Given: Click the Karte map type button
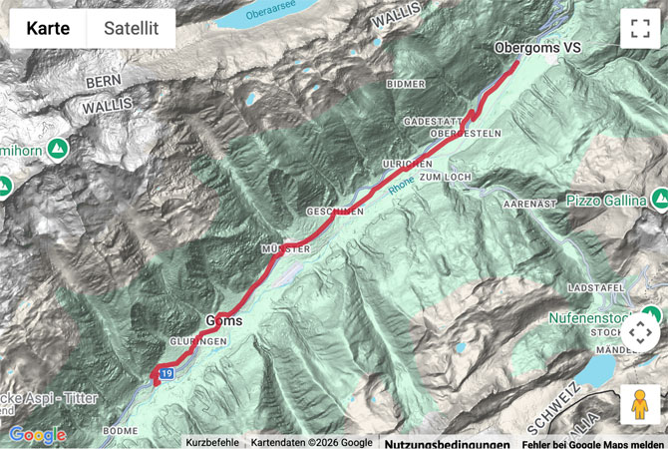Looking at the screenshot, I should pyautogui.click(x=48, y=29).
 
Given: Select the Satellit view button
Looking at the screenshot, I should pyautogui.click(x=131, y=29).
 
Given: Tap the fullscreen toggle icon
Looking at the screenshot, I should pyautogui.click(x=640, y=29).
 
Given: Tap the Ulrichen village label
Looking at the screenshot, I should pyautogui.click(x=407, y=163).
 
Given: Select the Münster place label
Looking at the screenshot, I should pyautogui.click(x=286, y=247).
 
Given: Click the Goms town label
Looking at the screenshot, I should pyautogui.click(x=224, y=320).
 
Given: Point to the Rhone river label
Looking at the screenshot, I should pyautogui.click(x=400, y=181).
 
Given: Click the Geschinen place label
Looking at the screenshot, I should pyautogui.click(x=335, y=212).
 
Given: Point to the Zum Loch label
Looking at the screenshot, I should pyautogui.click(x=444, y=176).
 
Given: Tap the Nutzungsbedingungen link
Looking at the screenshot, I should pyautogui.click(x=447, y=443).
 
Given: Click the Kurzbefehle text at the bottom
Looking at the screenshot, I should pyautogui.click(x=211, y=443).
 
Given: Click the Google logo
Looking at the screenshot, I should pyautogui.click(x=37, y=435).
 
